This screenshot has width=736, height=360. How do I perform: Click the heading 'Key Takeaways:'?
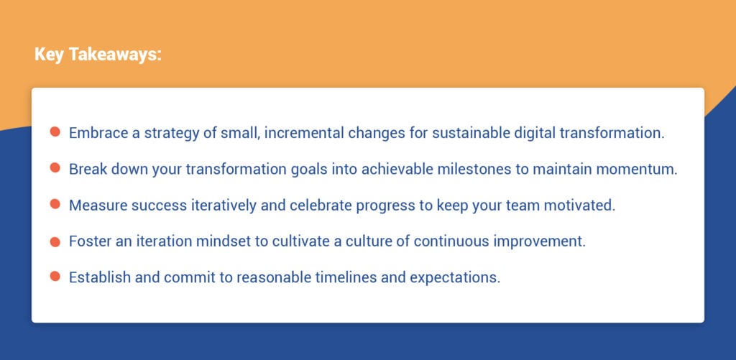[x=98, y=55]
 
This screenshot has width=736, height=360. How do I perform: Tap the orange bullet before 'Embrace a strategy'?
[x=55, y=132]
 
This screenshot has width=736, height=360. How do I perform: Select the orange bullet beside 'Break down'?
[x=55, y=168]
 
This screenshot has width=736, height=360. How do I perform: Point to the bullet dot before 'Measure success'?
[x=55, y=205]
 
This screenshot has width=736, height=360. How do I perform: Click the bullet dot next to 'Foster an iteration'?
[x=55, y=241]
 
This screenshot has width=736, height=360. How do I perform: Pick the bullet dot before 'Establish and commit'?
[x=55, y=277]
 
